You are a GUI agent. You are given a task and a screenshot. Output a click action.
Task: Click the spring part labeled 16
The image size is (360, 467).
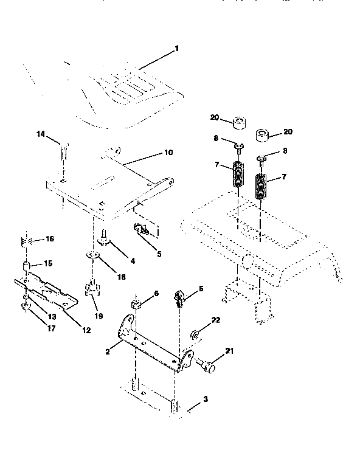(x=26, y=240)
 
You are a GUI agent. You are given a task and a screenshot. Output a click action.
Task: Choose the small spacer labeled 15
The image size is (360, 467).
(x=26, y=265)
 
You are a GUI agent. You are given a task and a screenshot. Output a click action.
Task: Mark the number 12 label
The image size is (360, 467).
(x=86, y=330)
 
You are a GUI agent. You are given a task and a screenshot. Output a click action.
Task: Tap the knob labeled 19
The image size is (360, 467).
(x=91, y=287)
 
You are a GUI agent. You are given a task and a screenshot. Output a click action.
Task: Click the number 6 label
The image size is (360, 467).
(x=156, y=293)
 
